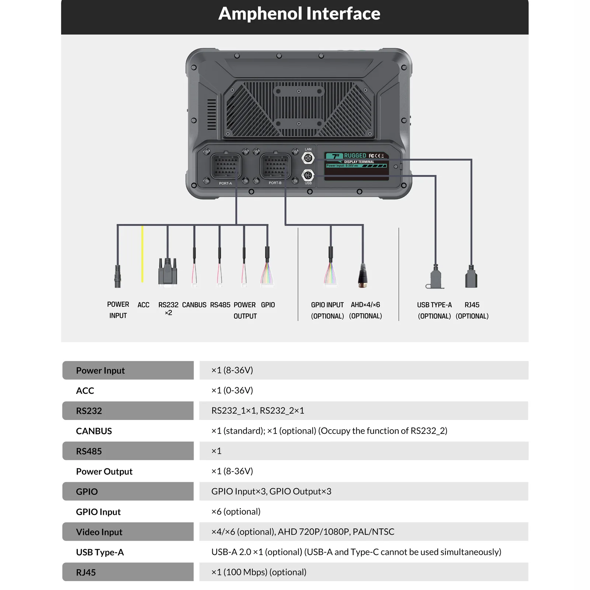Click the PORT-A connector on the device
click(226, 166)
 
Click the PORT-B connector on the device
click(275, 166)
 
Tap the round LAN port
click(308, 158)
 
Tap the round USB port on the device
click(308, 175)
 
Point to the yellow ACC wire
click(142, 254)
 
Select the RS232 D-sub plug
click(168, 271)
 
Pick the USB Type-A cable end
click(435, 277)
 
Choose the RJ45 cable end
click(471, 277)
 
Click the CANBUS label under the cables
click(194, 305)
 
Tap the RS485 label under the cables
click(220, 305)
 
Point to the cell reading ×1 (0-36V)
click(232, 391)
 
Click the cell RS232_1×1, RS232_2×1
click(258, 411)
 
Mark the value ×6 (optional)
click(236, 512)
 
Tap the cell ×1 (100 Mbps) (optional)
click(259, 572)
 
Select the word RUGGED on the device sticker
click(355, 156)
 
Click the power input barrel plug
click(118, 276)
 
